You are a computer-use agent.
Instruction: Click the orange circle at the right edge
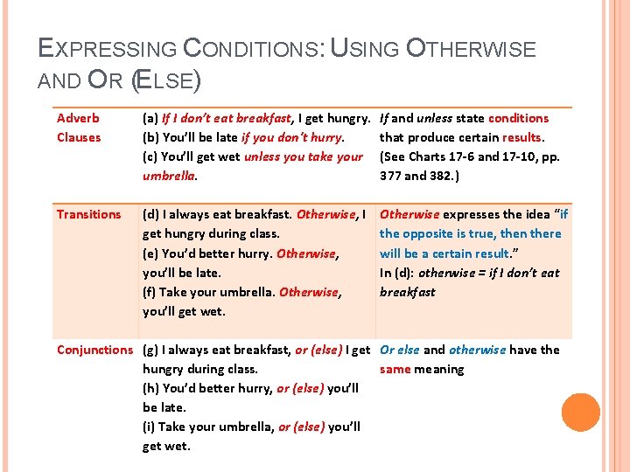point(581,413)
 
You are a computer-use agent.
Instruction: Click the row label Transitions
point(88,214)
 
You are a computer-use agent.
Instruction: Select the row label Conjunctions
point(96,350)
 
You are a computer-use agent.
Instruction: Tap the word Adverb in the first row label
point(78,118)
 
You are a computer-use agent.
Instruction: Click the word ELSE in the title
point(166,81)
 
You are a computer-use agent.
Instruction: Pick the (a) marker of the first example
point(150,118)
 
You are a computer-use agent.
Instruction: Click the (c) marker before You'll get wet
point(150,156)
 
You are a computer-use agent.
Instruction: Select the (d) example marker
point(151,214)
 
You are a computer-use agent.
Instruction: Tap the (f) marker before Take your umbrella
point(150,292)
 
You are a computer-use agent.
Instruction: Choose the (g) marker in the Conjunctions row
point(151,350)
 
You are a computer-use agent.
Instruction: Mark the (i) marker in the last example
point(150,427)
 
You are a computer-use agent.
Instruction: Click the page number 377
point(391,176)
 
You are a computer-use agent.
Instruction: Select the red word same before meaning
point(395,369)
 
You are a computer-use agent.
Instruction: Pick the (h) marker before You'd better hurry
point(151,388)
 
